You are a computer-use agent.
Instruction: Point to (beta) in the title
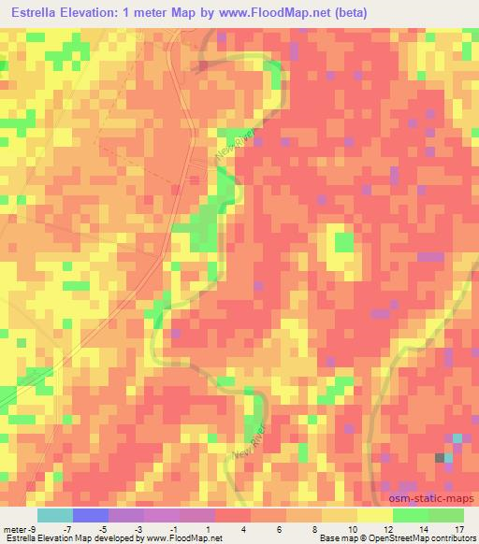click(345, 12)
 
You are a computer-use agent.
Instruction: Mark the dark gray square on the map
click(440, 457)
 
